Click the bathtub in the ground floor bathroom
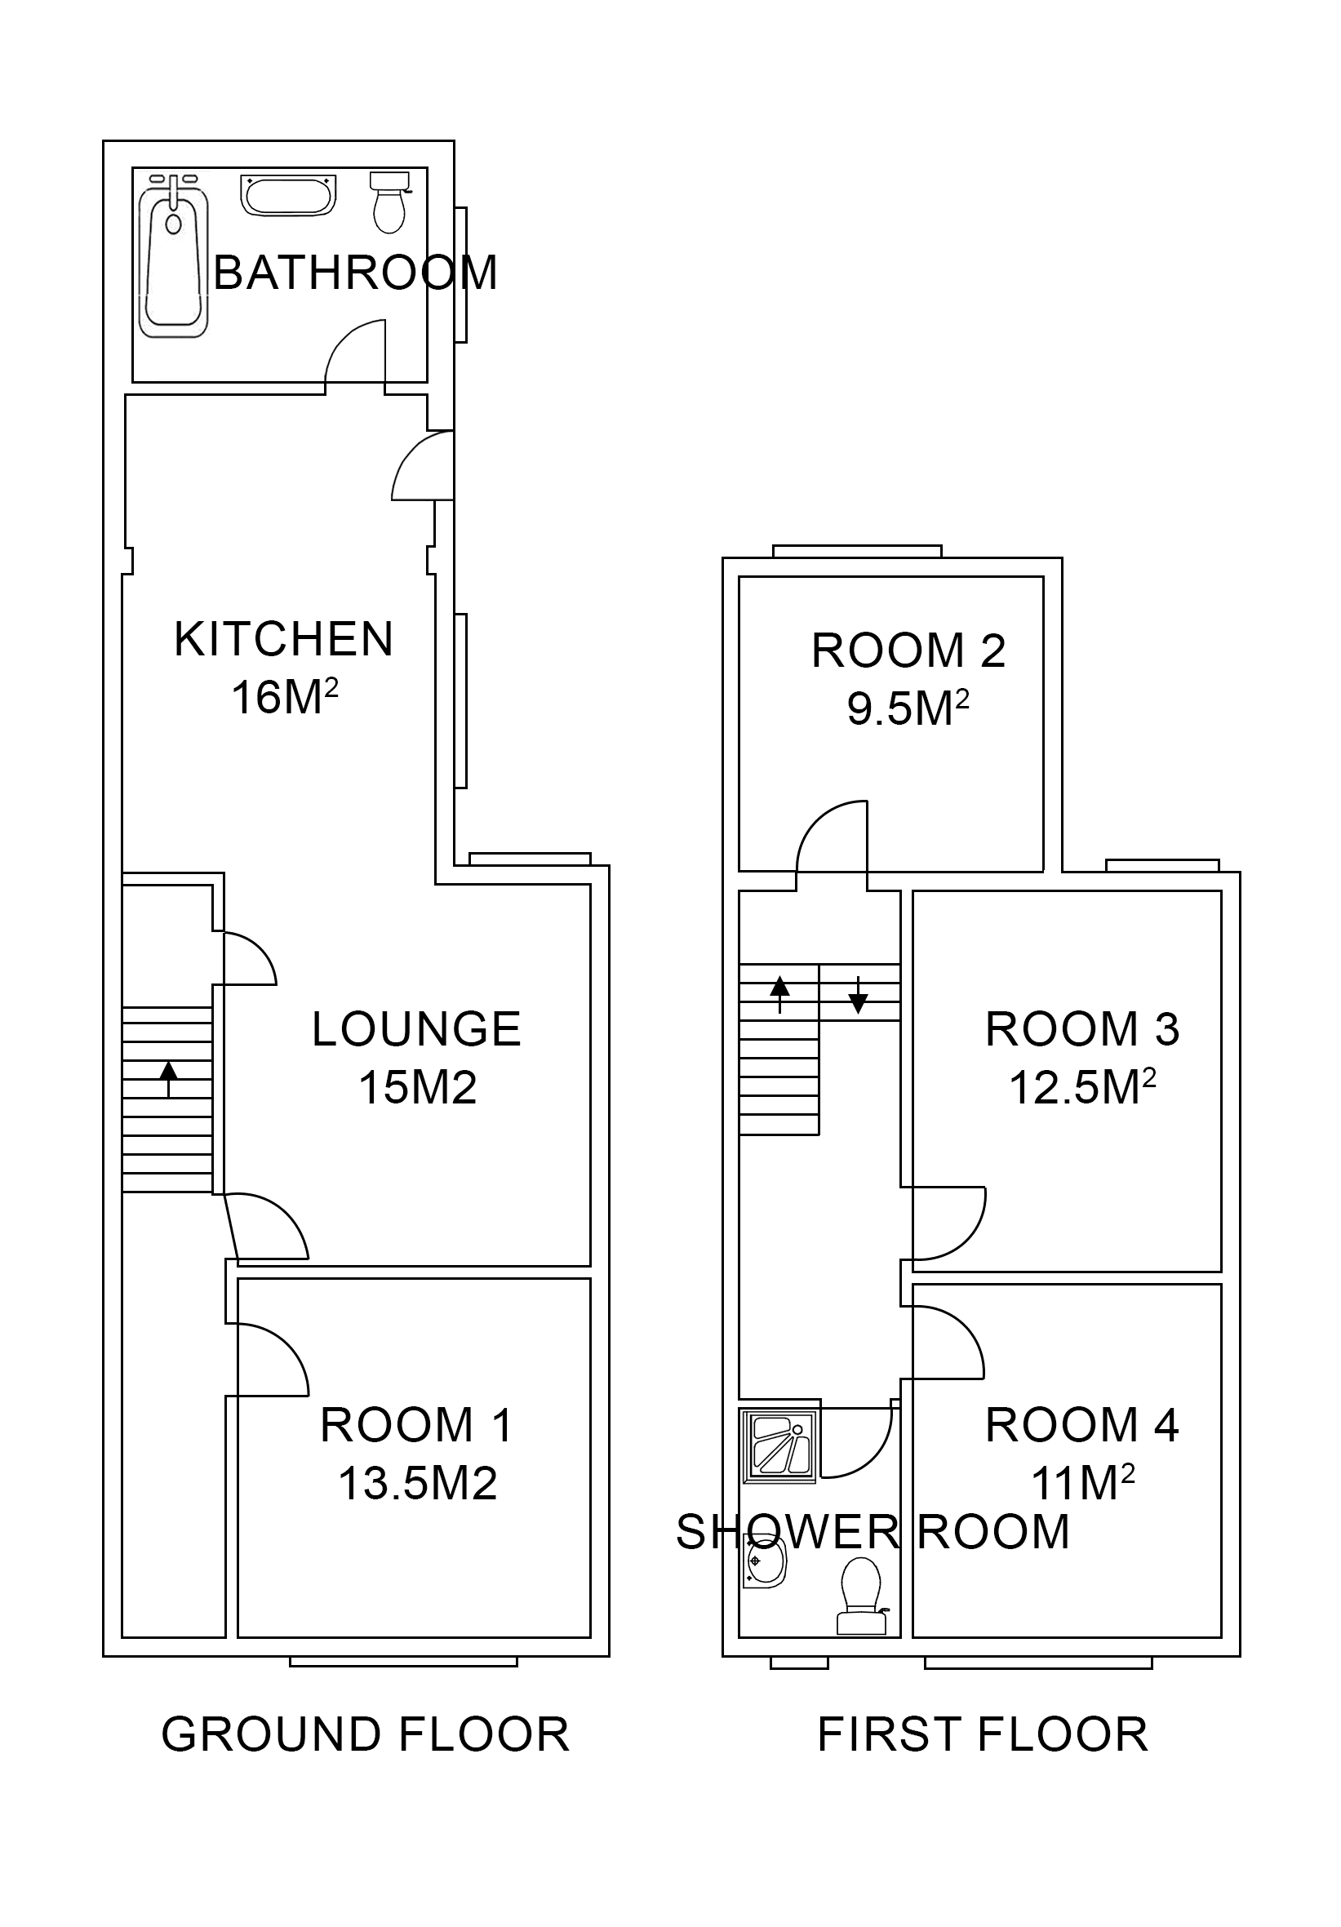(x=174, y=255)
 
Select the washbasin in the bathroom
(x=288, y=195)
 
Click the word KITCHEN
(x=284, y=640)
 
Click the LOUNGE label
(x=416, y=1030)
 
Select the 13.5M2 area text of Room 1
(x=417, y=1483)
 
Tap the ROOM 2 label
(x=908, y=651)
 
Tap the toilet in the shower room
(x=862, y=1596)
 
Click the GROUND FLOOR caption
(x=365, y=1735)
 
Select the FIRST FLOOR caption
(x=983, y=1735)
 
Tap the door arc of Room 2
(x=827, y=831)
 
